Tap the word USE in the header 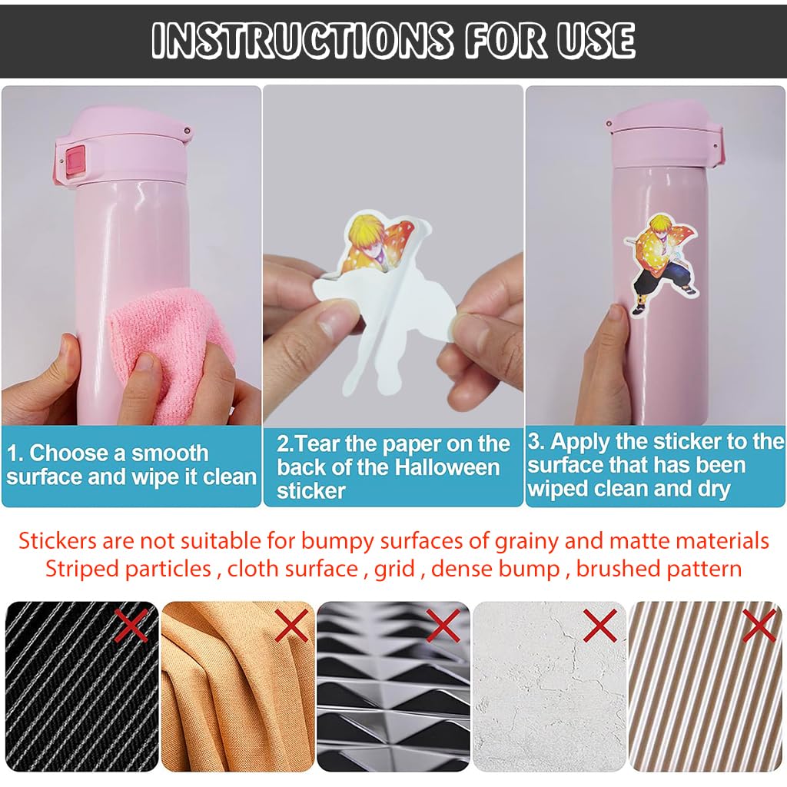tap(596, 40)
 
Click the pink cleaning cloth tap(171, 351)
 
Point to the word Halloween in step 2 tap(447, 467)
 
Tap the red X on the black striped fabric tap(131, 624)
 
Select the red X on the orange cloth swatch tap(291, 625)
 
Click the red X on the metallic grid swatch tap(443, 625)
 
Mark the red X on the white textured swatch tap(599, 625)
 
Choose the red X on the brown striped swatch tap(759, 625)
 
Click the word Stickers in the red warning tap(57, 541)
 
